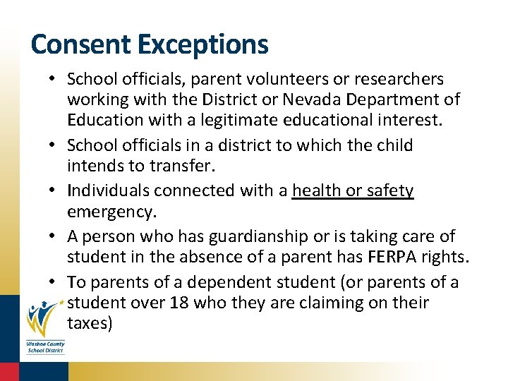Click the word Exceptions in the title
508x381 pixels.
(x=203, y=44)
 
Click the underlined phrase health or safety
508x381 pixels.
(x=353, y=190)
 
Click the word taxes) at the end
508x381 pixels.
(x=90, y=324)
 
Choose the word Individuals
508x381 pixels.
(x=109, y=190)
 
